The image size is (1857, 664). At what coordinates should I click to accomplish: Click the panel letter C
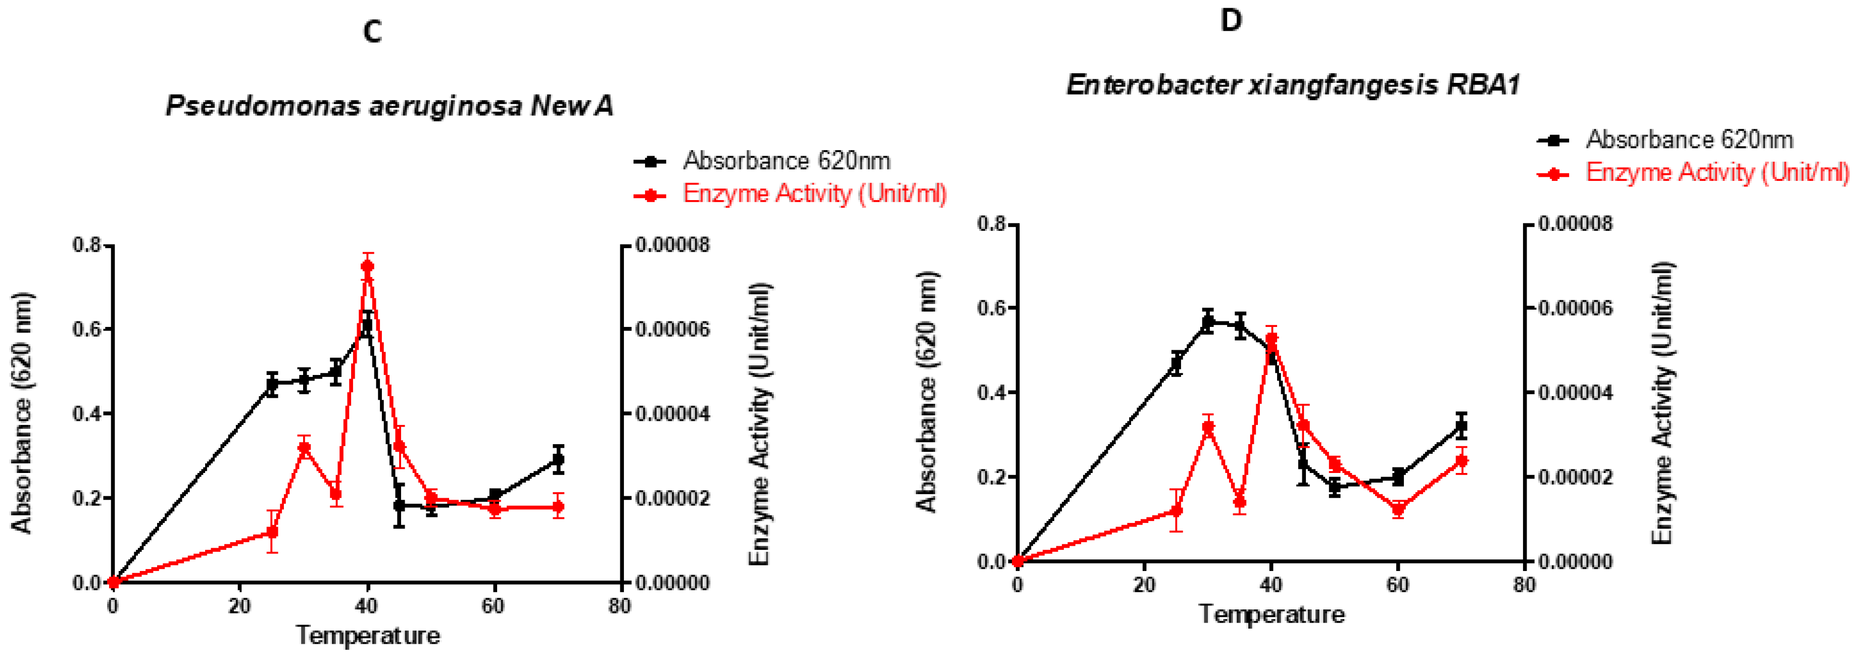(372, 32)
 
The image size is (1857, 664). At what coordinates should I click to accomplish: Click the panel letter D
(1231, 20)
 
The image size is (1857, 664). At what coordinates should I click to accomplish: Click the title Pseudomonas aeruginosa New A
(389, 107)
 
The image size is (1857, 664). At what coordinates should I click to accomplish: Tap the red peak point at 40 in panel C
(368, 266)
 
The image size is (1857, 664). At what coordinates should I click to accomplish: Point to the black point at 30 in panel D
(1208, 321)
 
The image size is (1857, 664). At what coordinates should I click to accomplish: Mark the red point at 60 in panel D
(1398, 509)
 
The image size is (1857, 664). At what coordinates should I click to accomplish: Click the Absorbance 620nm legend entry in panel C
(786, 161)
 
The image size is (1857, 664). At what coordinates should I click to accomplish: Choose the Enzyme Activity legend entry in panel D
(1716, 173)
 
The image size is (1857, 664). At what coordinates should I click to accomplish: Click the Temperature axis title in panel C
(368, 636)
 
